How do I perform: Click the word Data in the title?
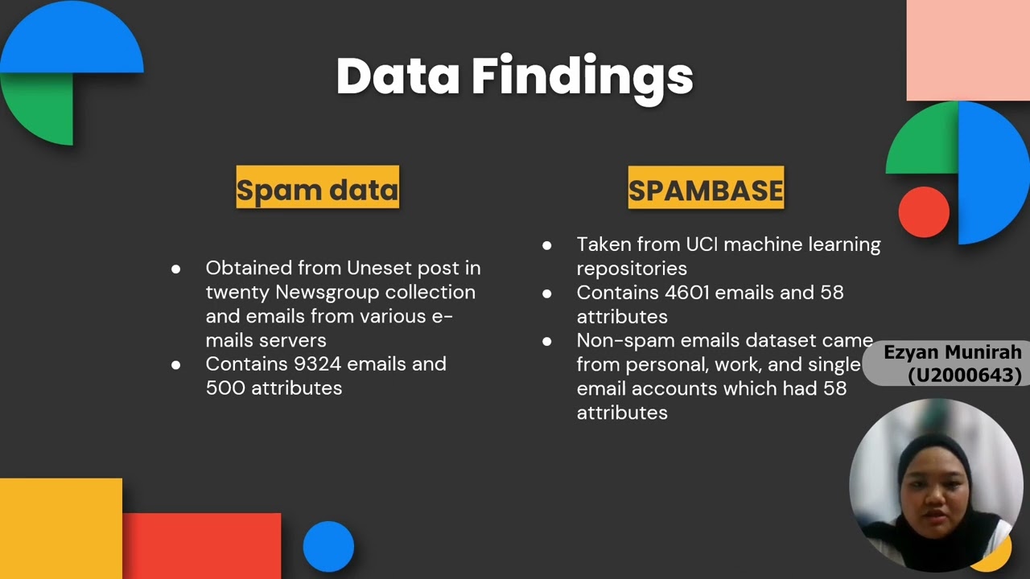tap(398, 76)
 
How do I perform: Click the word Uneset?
tap(378, 268)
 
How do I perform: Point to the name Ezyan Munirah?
tap(952, 352)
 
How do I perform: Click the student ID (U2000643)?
tap(964, 375)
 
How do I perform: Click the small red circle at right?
tap(924, 211)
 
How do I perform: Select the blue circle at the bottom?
tap(328, 547)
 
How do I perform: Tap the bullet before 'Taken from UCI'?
tap(547, 245)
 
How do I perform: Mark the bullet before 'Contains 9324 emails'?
tap(176, 365)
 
